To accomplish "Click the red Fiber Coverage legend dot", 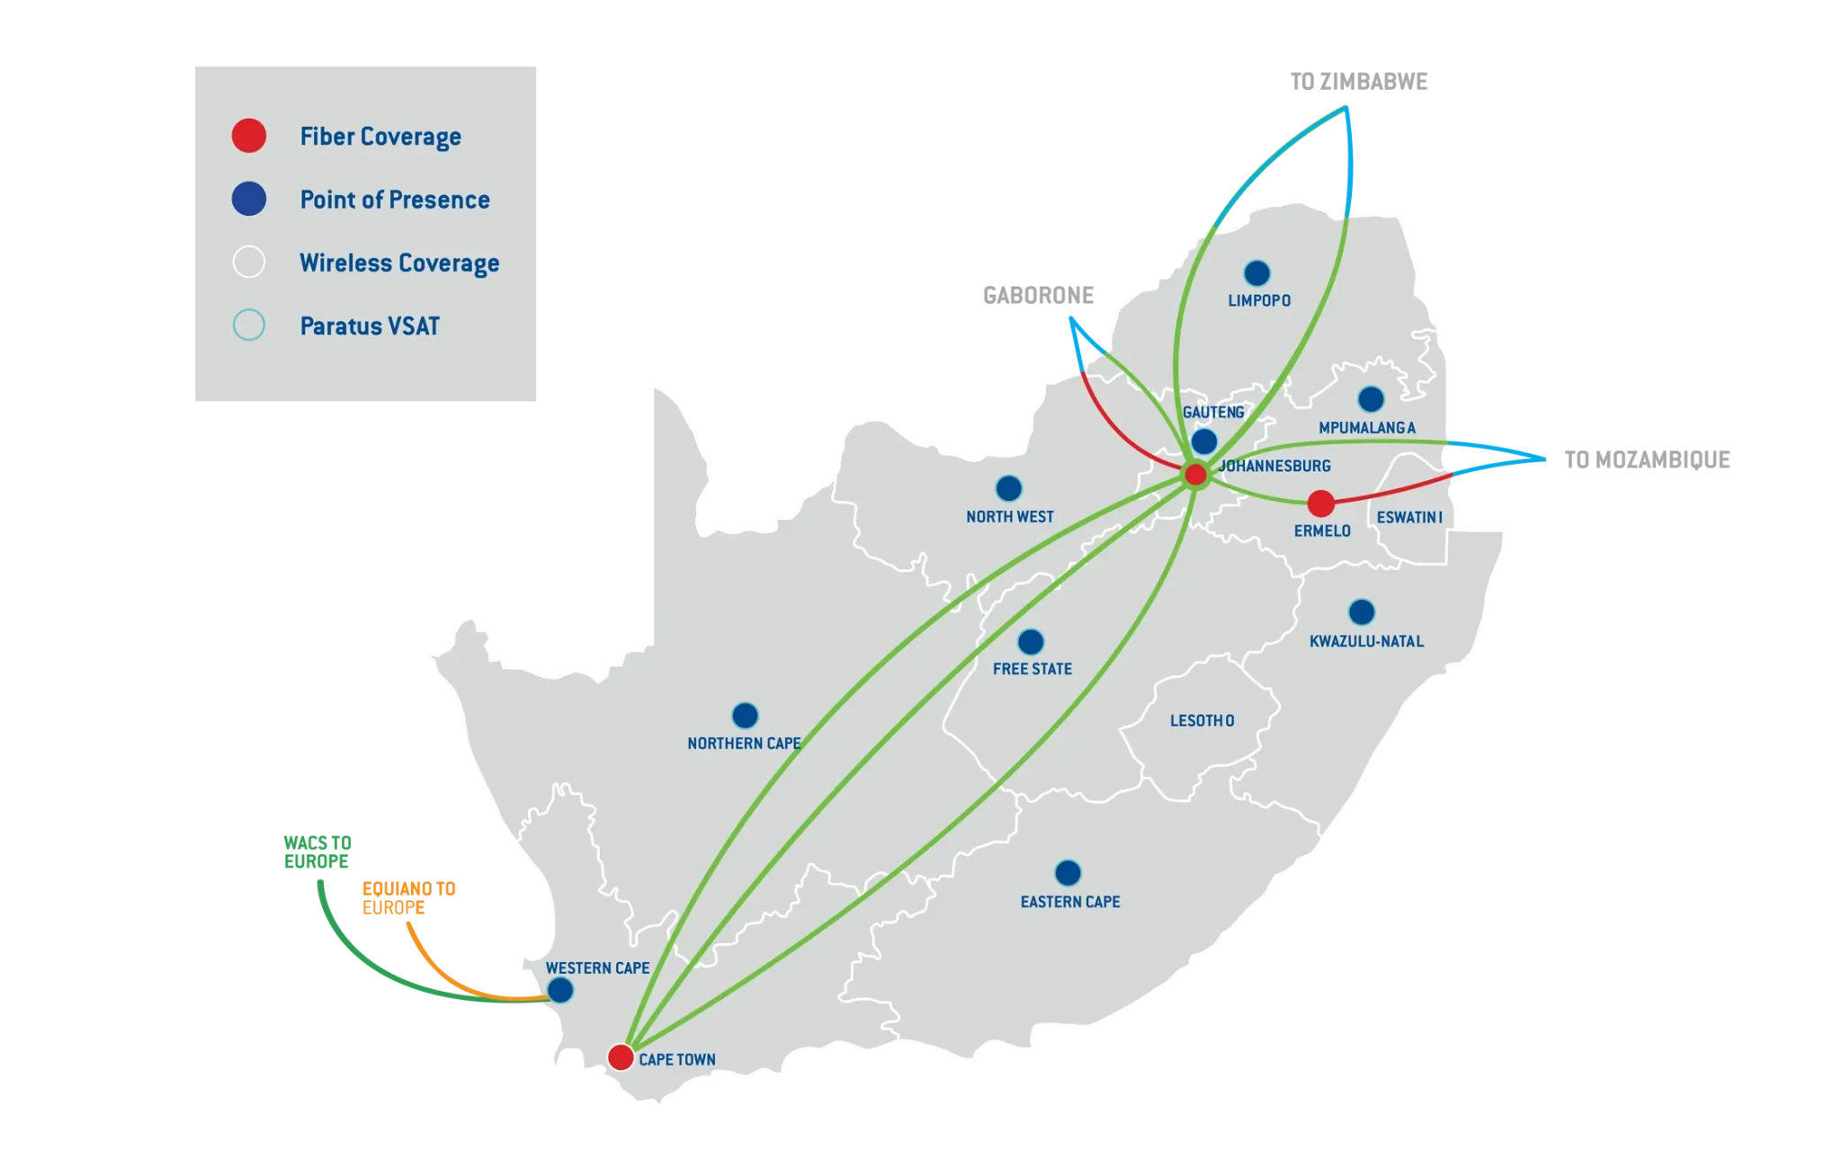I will click(249, 136).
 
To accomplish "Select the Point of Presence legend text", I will click(395, 200).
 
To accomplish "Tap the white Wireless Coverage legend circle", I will click(249, 263).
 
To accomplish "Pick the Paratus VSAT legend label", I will click(370, 325).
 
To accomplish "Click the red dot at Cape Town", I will click(621, 1057).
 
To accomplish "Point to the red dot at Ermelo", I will click(1320, 503).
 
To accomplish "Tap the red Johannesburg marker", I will click(1195, 475).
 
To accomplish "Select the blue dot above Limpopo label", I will click(1256, 272).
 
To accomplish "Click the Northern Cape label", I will click(744, 744).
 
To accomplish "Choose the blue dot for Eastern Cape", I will click(1068, 873).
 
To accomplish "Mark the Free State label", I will click(1033, 669).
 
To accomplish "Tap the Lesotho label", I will click(1202, 720).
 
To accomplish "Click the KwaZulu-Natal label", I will click(1366, 641).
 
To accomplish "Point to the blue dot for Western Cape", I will click(560, 991).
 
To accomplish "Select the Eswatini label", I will click(1409, 518).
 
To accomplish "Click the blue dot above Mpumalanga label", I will click(1371, 398).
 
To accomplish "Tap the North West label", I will click(1009, 516).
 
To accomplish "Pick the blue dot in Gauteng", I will click(1204, 441).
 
